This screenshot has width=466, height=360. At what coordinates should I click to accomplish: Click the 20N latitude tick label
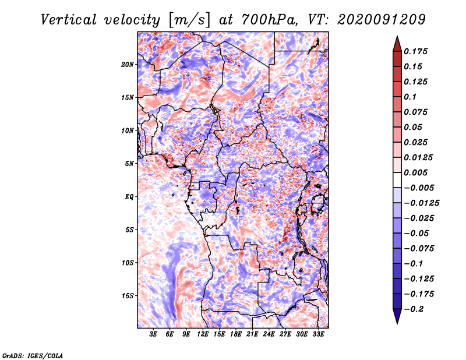coord(128,64)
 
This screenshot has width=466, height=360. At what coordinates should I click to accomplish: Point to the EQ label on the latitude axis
coord(129,197)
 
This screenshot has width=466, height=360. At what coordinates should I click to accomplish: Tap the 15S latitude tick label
coord(128,296)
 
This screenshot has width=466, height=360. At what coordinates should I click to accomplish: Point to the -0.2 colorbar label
coord(414,308)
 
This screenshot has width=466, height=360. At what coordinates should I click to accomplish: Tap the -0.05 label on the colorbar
coord(416,233)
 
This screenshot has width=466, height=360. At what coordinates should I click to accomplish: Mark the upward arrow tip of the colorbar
coord(397,37)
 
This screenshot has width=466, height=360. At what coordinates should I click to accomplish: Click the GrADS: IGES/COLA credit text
coord(32,355)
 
